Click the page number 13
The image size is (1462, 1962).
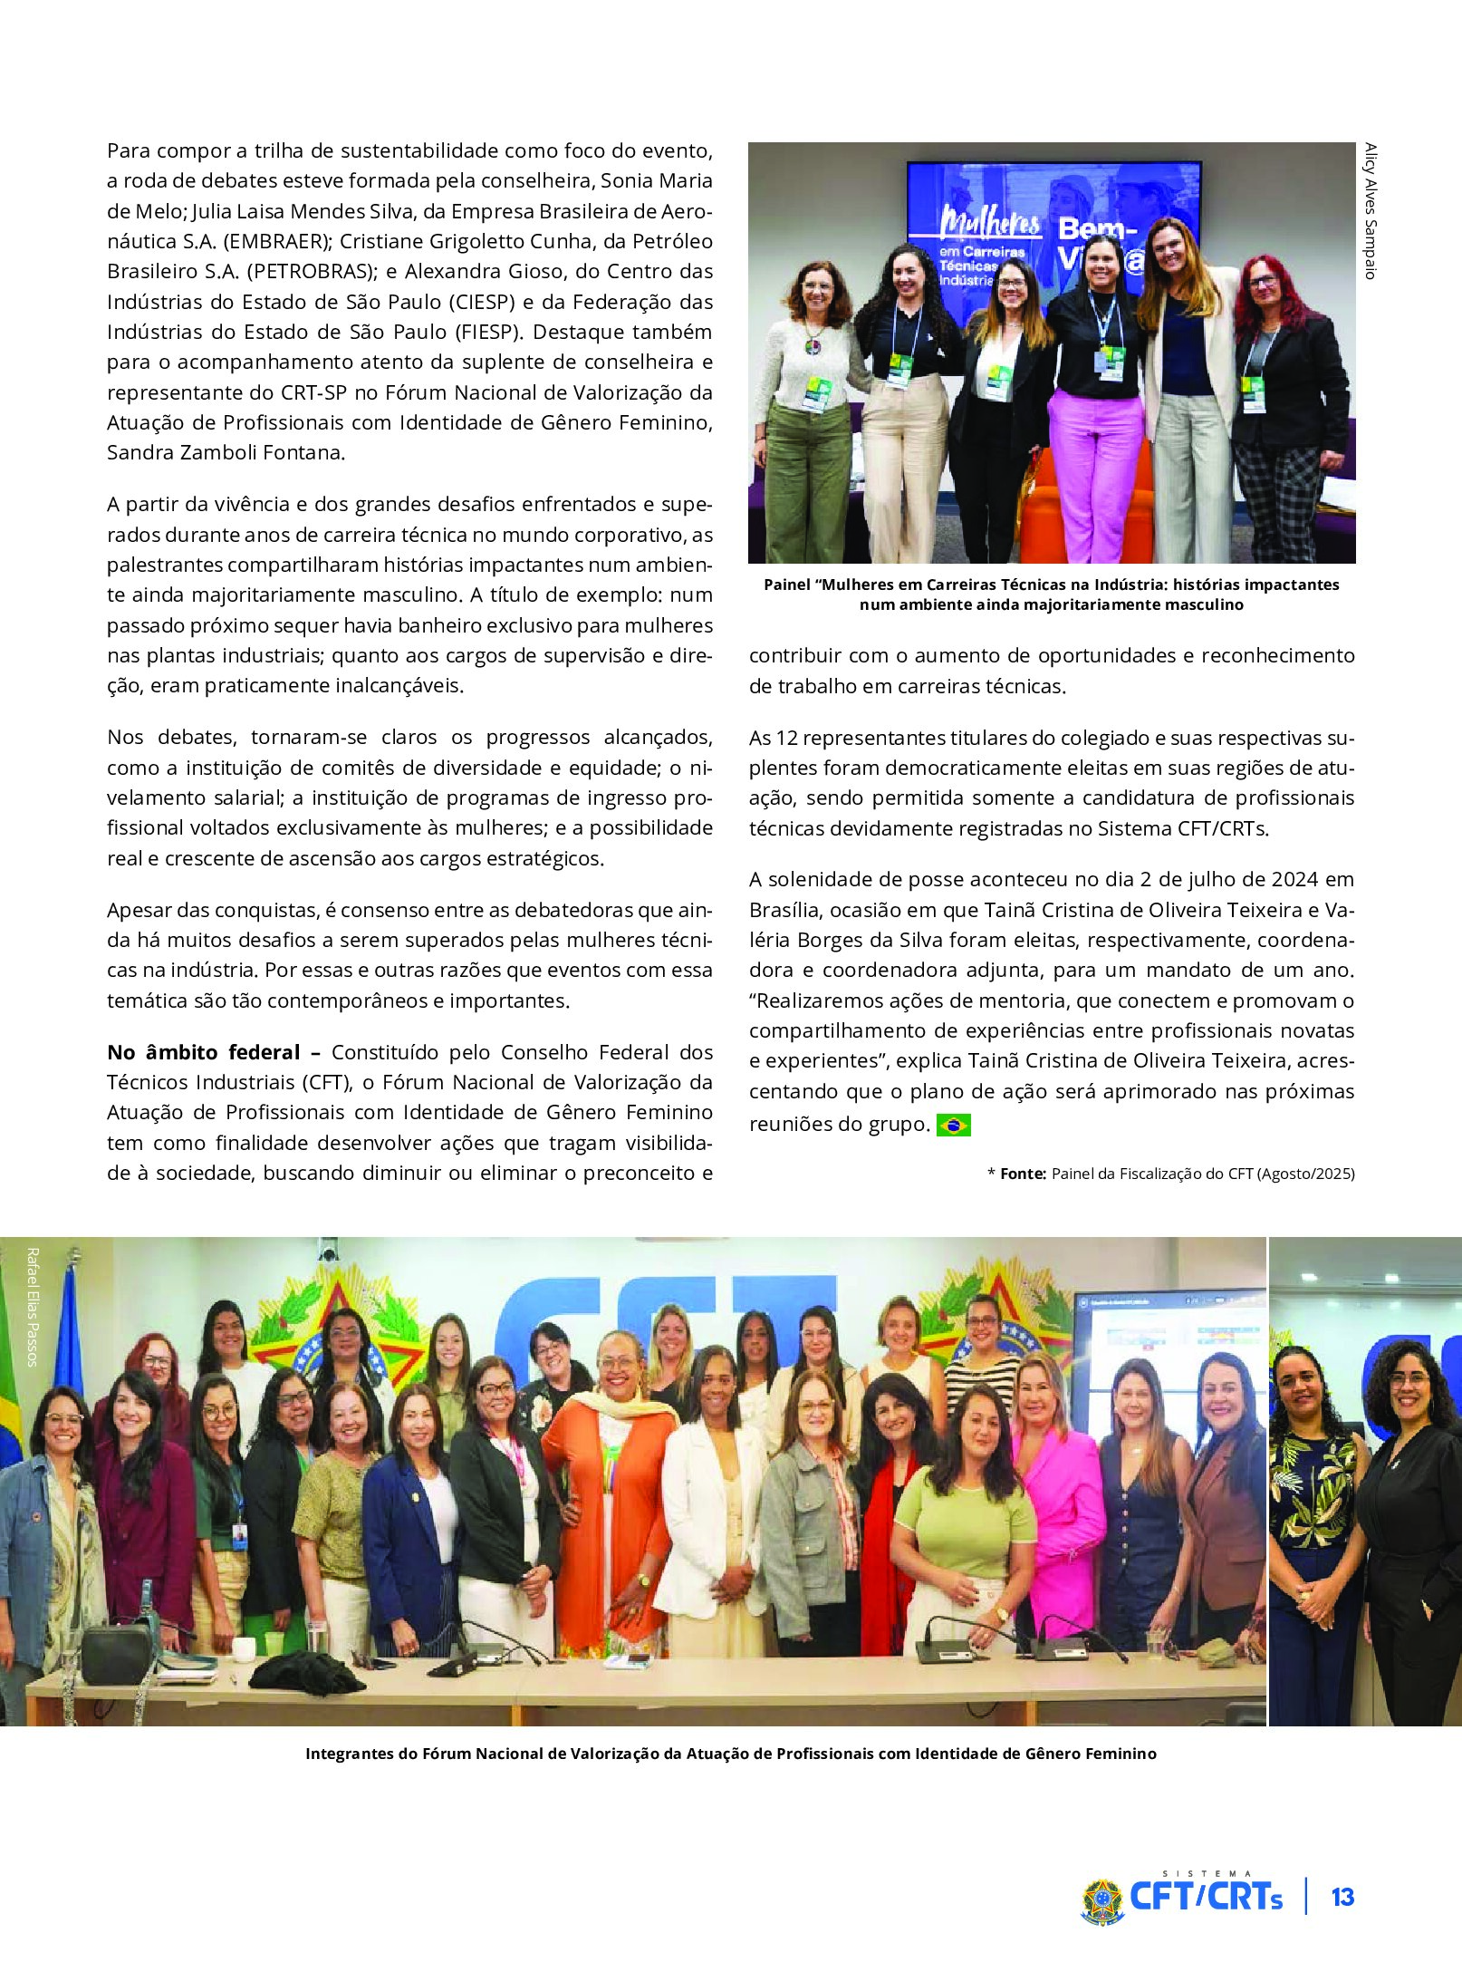coord(1342,1897)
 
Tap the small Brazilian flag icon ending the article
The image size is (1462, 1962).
coord(953,1126)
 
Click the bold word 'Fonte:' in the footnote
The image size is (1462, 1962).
coord(1023,1174)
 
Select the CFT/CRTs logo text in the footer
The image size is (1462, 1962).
coord(1206,1897)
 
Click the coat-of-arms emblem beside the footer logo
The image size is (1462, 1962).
coord(1101,1900)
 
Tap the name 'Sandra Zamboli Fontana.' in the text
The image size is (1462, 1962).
coord(226,453)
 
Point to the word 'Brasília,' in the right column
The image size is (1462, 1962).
coord(784,910)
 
